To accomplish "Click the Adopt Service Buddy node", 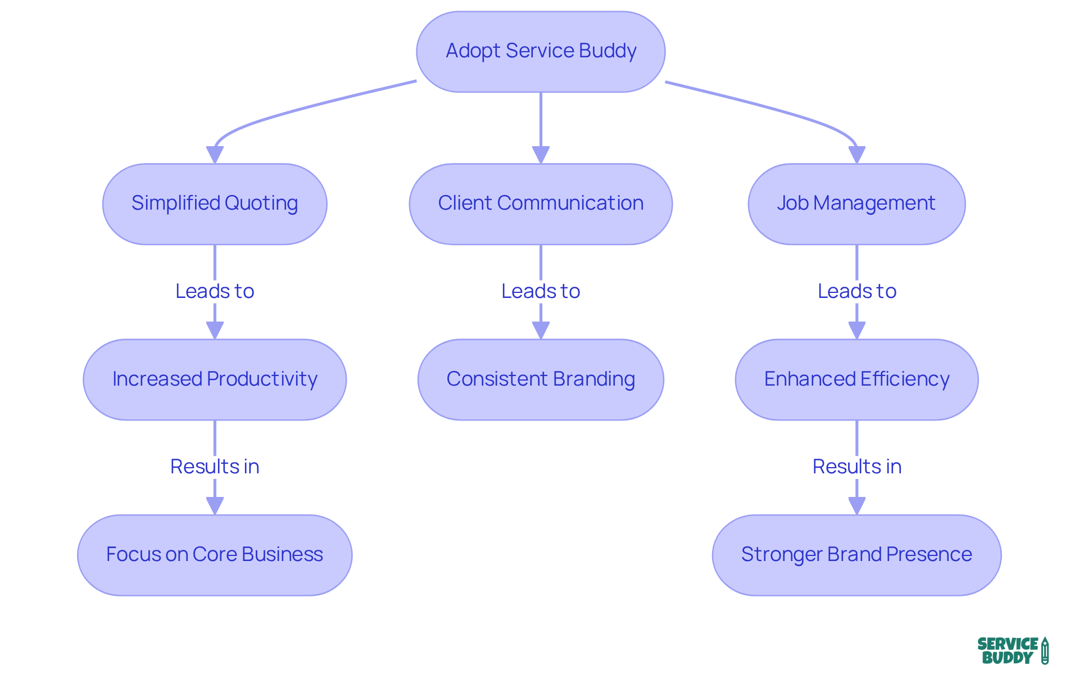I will pyautogui.click(x=541, y=51).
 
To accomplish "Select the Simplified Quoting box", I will pyautogui.click(x=215, y=203).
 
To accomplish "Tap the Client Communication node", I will pyautogui.click(x=541, y=203).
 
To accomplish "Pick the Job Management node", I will pyautogui.click(x=856, y=203).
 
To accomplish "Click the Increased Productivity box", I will pyautogui.click(x=215, y=379).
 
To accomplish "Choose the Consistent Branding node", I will pyautogui.click(x=541, y=379).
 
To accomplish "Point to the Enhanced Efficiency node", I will pyautogui.click(x=856, y=379).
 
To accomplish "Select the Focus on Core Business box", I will pyautogui.click(x=215, y=555).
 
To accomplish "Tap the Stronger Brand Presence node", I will pyautogui.click(x=856, y=555).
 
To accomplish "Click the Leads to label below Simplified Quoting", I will pyautogui.click(x=215, y=291).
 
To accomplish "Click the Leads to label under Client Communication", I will pyautogui.click(x=541, y=291).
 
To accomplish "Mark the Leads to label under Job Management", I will pyautogui.click(x=856, y=291).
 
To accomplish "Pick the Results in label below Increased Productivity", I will pyautogui.click(x=215, y=467).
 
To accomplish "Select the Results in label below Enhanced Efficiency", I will pyautogui.click(x=856, y=467).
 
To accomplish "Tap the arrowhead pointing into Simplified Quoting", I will pyautogui.click(x=215, y=155).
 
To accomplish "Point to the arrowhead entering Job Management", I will pyautogui.click(x=856, y=155).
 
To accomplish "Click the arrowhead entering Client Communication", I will pyautogui.click(x=541, y=155).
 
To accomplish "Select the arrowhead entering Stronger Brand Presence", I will pyautogui.click(x=856, y=506).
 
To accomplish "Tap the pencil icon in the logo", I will pyautogui.click(x=1045, y=651).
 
